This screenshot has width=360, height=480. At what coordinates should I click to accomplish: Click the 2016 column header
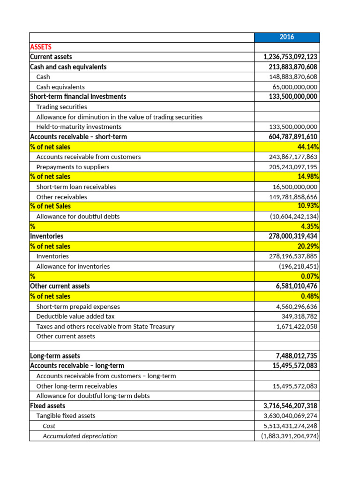[x=287, y=37]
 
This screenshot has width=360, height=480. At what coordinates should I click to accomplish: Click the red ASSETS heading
[x=41, y=47]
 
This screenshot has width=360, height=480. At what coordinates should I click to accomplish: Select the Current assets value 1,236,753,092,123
[x=290, y=57]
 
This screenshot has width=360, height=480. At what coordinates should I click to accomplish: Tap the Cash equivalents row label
[x=60, y=87]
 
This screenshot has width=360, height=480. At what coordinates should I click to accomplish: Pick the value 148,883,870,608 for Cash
[x=293, y=77]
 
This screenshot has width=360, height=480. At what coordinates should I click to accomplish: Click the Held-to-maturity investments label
[x=79, y=127]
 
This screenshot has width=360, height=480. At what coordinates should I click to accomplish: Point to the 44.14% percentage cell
[x=308, y=147]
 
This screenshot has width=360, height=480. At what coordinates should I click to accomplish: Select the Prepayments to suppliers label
[x=73, y=167]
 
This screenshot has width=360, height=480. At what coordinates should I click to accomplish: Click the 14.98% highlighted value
[x=308, y=177]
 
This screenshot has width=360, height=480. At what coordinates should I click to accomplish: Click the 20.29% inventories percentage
[x=308, y=247]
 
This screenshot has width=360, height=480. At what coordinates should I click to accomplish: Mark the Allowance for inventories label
[x=73, y=266]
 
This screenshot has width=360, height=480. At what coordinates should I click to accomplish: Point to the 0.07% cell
[x=310, y=277]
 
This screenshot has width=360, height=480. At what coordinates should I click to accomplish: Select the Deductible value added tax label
[x=75, y=316]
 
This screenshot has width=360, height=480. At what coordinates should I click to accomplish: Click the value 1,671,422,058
[x=297, y=326]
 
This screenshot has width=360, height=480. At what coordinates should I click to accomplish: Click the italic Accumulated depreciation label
[x=80, y=436]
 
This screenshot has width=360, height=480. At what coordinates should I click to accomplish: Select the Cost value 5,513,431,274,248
[x=290, y=426]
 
